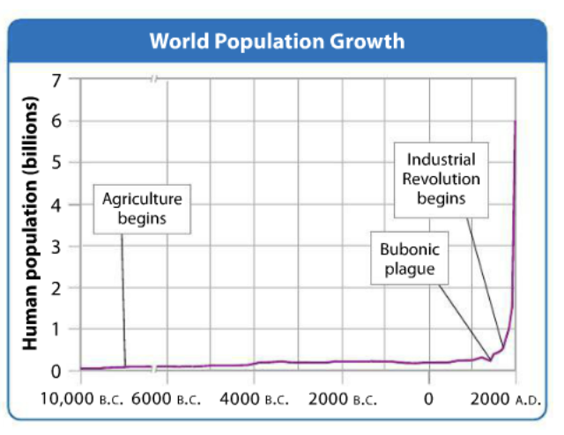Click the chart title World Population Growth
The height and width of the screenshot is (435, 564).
277,41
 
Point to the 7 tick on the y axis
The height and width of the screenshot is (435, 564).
58,80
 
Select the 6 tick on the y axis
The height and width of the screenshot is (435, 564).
58,122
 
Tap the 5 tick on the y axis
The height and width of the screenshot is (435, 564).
58,163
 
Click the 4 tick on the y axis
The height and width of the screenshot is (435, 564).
58,204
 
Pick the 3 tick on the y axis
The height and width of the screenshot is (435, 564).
58,246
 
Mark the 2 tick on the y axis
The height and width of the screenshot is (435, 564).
58,288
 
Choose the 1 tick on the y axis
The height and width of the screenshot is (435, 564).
58,329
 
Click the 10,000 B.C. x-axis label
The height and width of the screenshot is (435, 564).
80,397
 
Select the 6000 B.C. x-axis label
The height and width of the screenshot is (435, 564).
167,397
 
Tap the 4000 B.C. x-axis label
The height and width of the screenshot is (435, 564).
254,397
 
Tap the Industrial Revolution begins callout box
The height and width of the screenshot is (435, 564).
441,179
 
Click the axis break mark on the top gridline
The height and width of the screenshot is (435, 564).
153,80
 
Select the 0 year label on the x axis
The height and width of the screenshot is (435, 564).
429,397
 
